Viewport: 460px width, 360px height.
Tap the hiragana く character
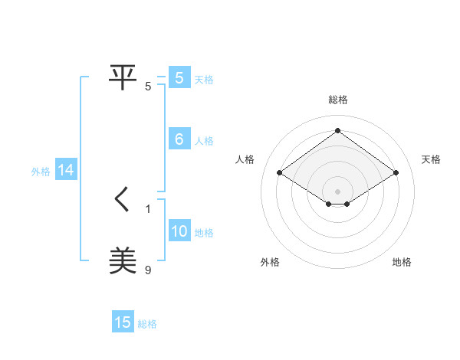(123, 201)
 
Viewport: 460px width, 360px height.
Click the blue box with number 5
(179, 78)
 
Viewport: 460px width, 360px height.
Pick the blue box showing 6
(179, 139)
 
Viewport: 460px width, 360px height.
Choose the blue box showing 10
(179, 231)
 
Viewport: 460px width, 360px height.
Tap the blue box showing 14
(66, 171)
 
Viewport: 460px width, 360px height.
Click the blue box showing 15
(123, 322)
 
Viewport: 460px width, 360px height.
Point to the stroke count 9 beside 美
(148, 270)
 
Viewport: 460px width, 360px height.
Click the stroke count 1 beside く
(148, 208)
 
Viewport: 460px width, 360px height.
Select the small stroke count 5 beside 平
(148, 86)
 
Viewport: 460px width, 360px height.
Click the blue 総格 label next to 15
(147, 324)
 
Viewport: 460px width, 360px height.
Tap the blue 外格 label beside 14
(41, 172)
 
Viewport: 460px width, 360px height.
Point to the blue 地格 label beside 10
(204, 233)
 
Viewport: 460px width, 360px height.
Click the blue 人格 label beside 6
(204, 141)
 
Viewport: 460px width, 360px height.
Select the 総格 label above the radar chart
(337, 100)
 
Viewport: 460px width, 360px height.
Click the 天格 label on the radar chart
(431, 159)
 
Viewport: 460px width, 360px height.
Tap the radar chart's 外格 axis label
(270, 262)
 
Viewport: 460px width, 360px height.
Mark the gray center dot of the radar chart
(337, 191)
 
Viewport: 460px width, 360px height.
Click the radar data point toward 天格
(396, 173)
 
